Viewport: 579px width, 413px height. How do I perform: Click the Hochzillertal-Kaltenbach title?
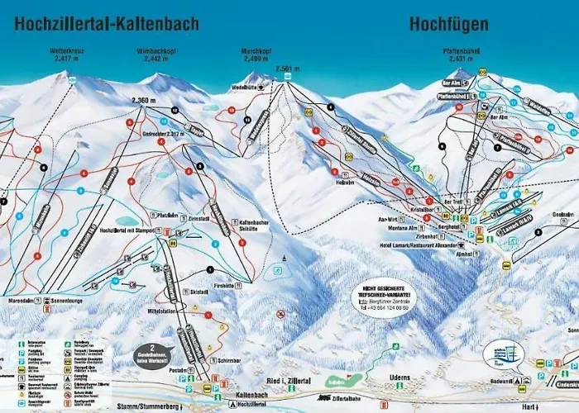[106, 24]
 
